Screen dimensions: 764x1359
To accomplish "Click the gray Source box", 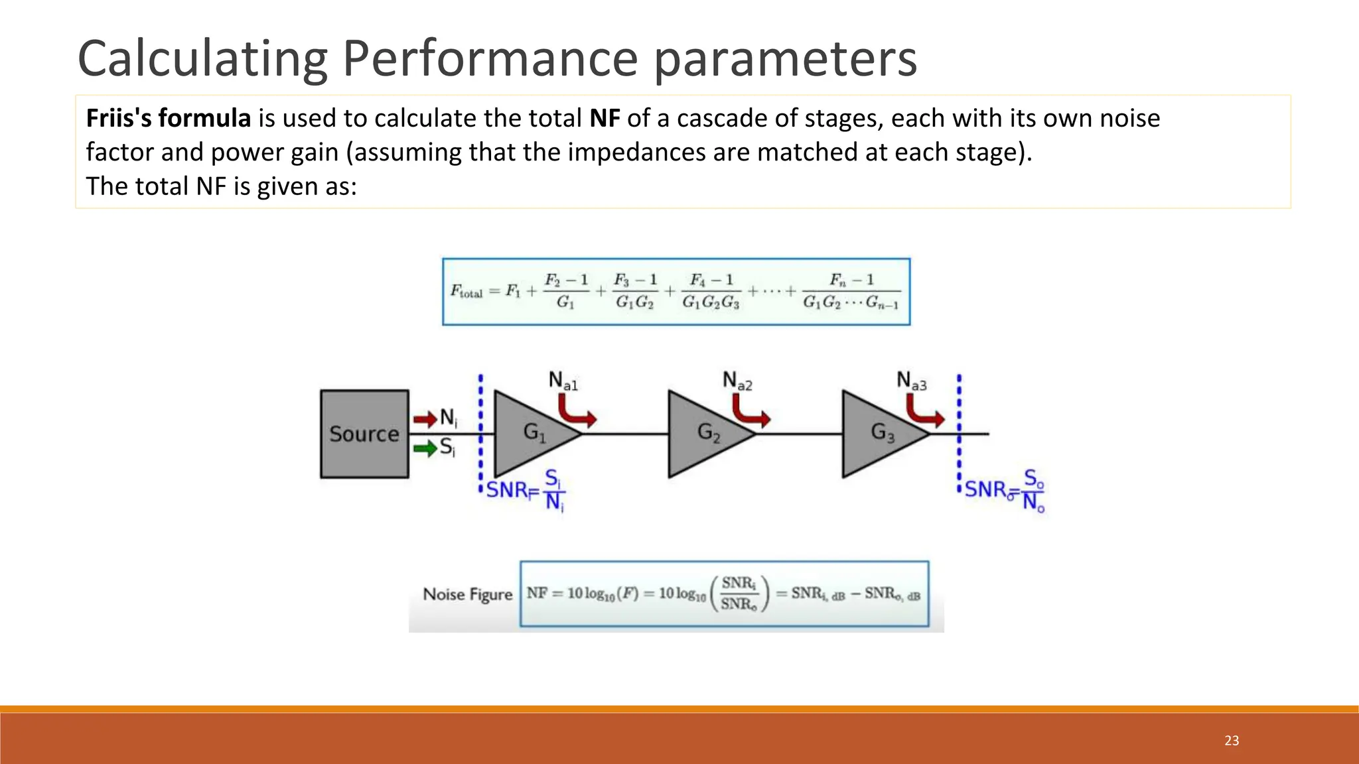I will click(364, 434).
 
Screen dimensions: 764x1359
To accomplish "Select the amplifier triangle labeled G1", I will click(530, 434).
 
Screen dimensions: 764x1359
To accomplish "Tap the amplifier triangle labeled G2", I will click(704, 434).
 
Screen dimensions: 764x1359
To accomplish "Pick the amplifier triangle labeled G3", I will click(878, 434).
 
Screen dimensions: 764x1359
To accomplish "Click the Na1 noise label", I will click(563, 381).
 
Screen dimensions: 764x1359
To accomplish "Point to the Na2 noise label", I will click(737, 381).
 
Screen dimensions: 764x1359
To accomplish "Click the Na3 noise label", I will click(911, 381).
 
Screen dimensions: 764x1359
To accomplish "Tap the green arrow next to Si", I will click(425, 448).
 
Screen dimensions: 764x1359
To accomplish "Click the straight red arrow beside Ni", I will click(425, 419).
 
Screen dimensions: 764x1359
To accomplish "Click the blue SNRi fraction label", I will click(525, 491).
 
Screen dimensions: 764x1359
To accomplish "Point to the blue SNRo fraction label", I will click(1004, 490).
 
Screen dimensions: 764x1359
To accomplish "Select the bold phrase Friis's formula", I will click(169, 119).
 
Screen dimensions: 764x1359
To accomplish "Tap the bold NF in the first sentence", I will click(604, 119).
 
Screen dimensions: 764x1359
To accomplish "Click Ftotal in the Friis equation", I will click(466, 291).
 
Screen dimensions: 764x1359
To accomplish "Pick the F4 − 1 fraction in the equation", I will click(711, 291).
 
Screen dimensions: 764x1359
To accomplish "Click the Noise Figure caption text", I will click(468, 594).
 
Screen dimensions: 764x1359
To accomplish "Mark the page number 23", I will click(1232, 741).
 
